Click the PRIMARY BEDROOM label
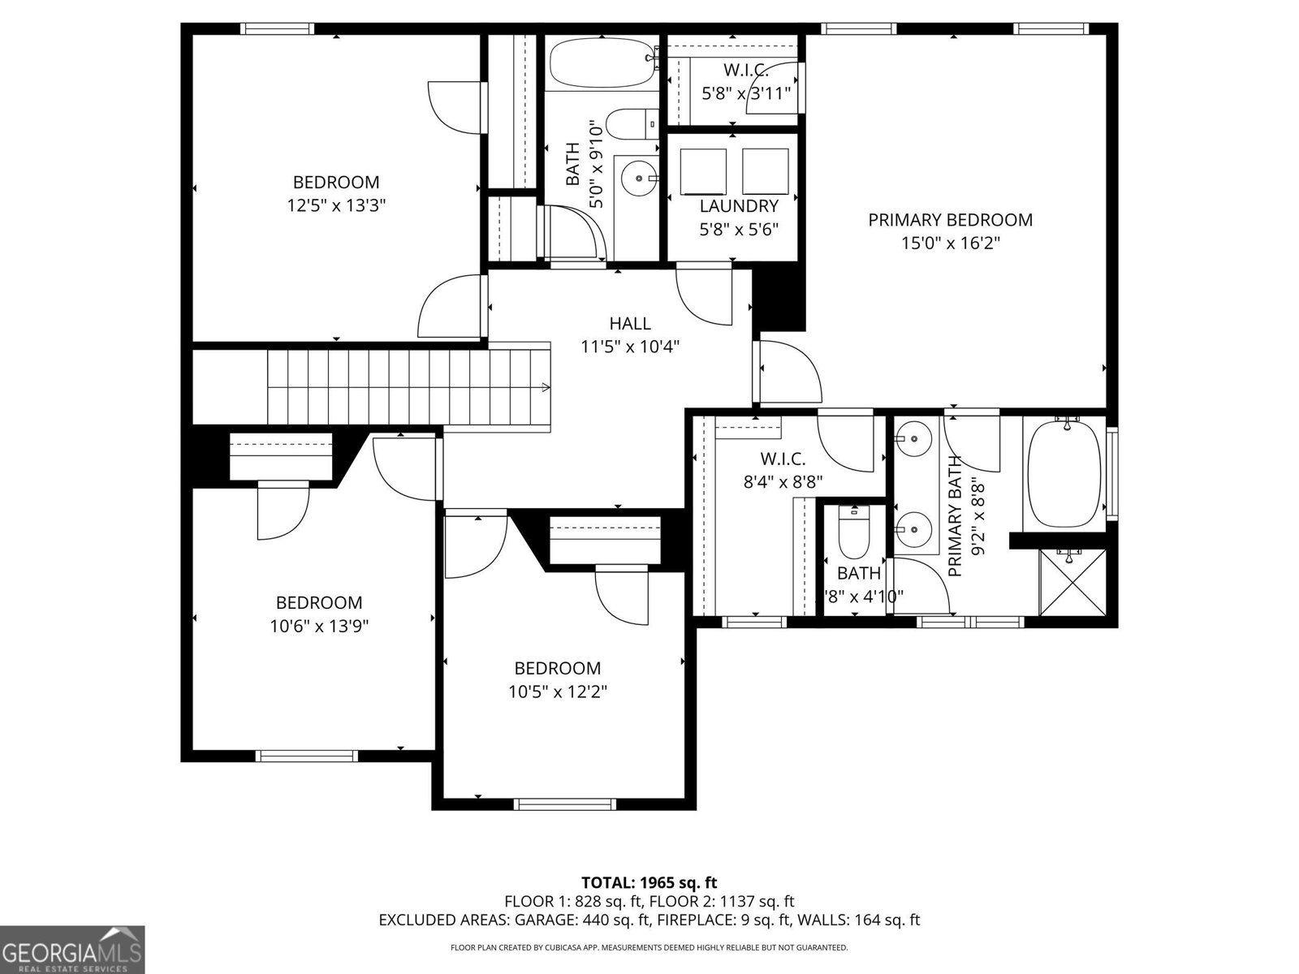tap(950, 220)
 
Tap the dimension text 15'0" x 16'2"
tap(950, 243)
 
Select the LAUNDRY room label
tap(739, 206)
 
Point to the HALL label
tap(630, 324)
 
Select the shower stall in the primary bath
tap(1072, 583)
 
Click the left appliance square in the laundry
tap(703, 170)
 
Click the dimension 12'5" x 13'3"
tap(335, 205)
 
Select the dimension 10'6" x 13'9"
tap(319, 626)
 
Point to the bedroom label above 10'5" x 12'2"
tap(558, 668)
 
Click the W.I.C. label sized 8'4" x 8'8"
tap(783, 459)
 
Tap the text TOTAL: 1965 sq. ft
tap(649, 882)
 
